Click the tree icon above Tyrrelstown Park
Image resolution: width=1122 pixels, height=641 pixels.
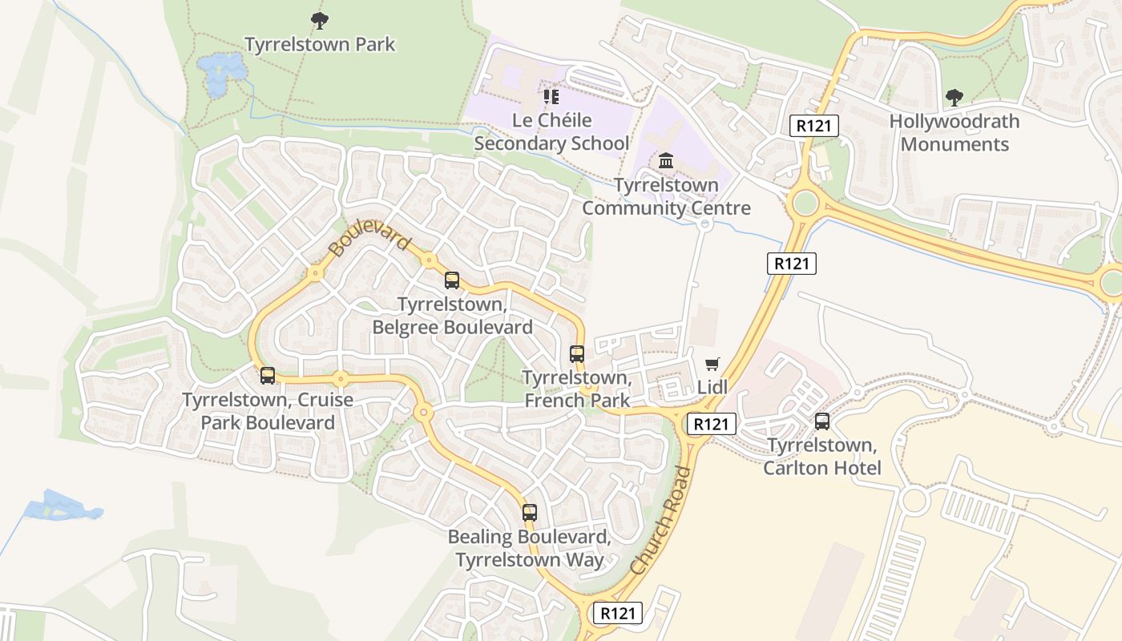[319, 21]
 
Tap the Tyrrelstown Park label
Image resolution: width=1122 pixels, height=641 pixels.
[320, 44]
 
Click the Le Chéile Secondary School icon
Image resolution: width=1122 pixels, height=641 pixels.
[551, 97]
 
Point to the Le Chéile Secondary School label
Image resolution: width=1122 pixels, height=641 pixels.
[551, 132]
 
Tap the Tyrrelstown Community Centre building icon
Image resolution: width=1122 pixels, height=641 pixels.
[665, 162]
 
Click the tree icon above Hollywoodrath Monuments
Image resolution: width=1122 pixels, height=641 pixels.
[954, 98]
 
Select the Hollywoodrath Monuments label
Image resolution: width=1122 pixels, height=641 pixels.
[954, 133]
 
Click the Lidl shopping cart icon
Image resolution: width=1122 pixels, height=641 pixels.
[712, 365]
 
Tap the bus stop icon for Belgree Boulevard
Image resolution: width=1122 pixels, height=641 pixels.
[452, 280]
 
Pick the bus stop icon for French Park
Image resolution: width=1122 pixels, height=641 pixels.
[576, 353]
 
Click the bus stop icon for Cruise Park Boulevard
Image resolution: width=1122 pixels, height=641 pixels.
[268, 375]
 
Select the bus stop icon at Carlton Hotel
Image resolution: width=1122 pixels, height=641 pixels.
[821, 421]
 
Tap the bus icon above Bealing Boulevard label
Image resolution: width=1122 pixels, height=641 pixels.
[529, 513]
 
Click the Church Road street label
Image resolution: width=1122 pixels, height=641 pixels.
[661, 521]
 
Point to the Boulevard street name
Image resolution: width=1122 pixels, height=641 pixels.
[369, 240]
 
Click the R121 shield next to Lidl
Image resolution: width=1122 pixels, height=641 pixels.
[710, 424]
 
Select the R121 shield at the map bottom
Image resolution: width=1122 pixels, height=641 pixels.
[617, 614]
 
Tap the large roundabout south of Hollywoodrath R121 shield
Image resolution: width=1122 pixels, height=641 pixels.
[804, 203]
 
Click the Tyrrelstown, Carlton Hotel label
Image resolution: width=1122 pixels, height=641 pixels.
[821, 457]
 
